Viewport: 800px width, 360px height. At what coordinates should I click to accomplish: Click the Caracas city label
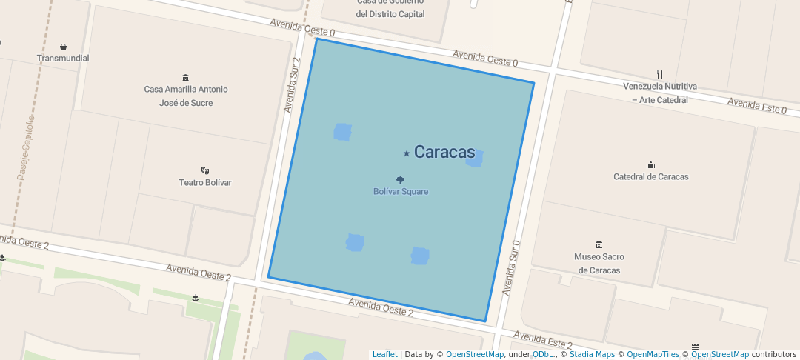(x=444, y=152)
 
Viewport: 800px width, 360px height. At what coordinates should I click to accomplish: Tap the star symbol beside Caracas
(x=407, y=153)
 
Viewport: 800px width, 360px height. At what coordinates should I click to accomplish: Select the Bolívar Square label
(x=401, y=191)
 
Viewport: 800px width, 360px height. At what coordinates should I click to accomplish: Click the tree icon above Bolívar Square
(x=401, y=180)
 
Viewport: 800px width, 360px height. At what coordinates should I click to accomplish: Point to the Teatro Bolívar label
(x=205, y=182)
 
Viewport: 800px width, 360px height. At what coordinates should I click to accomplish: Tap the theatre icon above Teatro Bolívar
(x=205, y=170)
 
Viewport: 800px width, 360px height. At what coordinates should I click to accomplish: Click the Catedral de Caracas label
(x=651, y=176)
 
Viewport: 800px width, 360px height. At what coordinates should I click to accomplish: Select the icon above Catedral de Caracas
(x=651, y=165)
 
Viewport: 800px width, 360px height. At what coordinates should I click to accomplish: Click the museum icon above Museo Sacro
(x=599, y=244)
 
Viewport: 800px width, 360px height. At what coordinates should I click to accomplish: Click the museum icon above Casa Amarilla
(x=186, y=78)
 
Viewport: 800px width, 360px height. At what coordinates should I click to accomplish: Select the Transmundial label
(x=63, y=58)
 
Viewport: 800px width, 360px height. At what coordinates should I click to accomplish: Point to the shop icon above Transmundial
(x=63, y=47)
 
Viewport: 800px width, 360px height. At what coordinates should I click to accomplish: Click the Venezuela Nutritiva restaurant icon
(x=659, y=74)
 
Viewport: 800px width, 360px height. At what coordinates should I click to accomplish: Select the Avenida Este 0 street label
(x=757, y=105)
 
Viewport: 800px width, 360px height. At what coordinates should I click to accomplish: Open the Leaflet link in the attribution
(x=384, y=354)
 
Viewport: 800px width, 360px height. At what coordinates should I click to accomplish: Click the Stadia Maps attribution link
(x=592, y=354)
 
